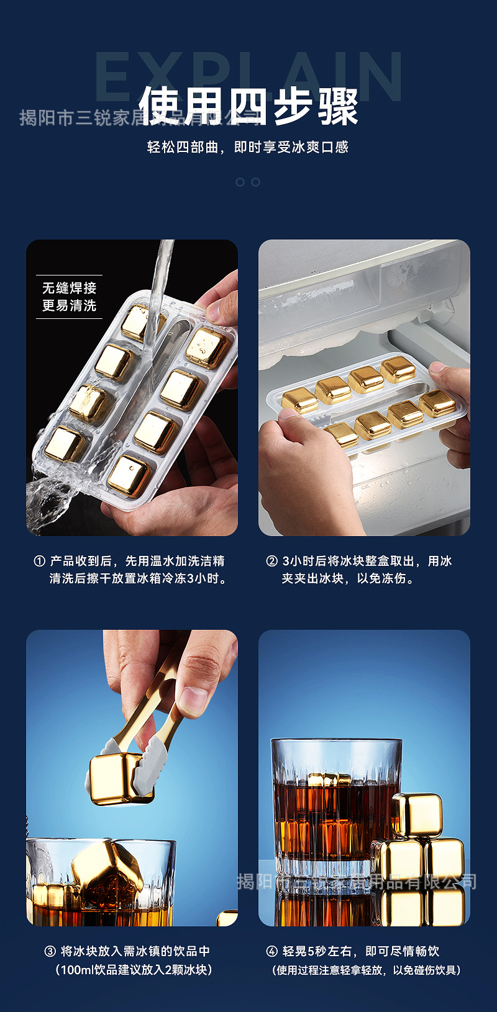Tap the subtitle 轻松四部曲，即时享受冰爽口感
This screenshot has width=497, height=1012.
pyautogui.click(x=247, y=147)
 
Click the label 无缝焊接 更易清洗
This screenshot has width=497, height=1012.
pyautogui.click(x=69, y=297)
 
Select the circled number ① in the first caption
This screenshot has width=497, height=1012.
pyautogui.click(x=39, y=561)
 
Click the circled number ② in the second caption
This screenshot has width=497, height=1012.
pyautogui.click(x=271, y=561)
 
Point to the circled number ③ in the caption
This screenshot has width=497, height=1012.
pyautogui.click(x=50, y=951)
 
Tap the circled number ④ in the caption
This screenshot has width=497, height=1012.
pyautogui.click(x=271, y=951)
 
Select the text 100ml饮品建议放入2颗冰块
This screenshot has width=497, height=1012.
pyautogui.click(x=134, y=969)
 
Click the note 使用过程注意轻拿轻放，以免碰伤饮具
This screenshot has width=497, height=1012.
pyautogui.click(x=367, y=970)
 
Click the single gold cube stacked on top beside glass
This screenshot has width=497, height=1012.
pyautogui.click(x=417, y=815)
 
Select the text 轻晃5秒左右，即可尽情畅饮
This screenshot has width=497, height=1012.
pyautogui.click(x=360, y=951)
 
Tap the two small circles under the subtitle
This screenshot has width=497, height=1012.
pyautogui.click(x=248, y=182)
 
